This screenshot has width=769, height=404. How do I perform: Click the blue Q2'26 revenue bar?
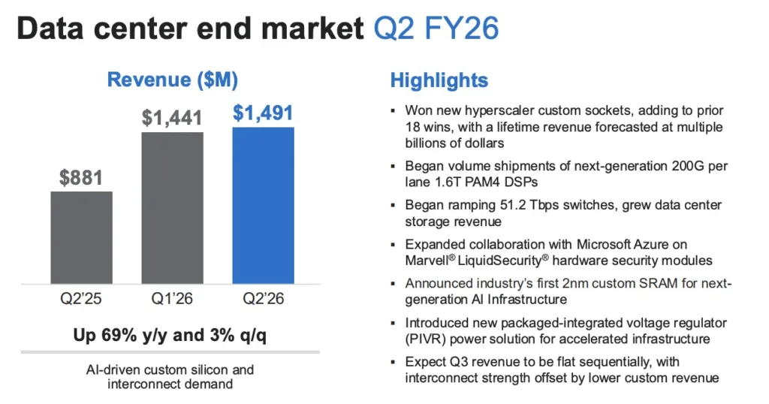tap(264, 206)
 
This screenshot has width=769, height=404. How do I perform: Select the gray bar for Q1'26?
tap(172, 208)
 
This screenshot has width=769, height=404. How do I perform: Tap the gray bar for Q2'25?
tap(81, 238)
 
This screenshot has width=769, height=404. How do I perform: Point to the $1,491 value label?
tap(263, 113)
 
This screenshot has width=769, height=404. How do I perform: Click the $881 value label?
tap(81, 177)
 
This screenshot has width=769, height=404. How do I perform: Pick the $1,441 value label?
tap(172, 118)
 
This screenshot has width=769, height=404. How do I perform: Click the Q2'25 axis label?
tap(81, 299)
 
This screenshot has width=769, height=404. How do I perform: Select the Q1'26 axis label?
tap(172, 299)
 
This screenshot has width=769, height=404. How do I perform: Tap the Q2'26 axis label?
tap(264, 299)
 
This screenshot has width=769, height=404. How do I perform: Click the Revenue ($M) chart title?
tap(173, 80)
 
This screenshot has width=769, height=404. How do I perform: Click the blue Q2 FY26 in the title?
tap(436, 29)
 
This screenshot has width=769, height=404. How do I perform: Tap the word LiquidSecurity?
tap(499, 261)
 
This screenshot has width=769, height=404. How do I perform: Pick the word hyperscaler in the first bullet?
tap(499, 111)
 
